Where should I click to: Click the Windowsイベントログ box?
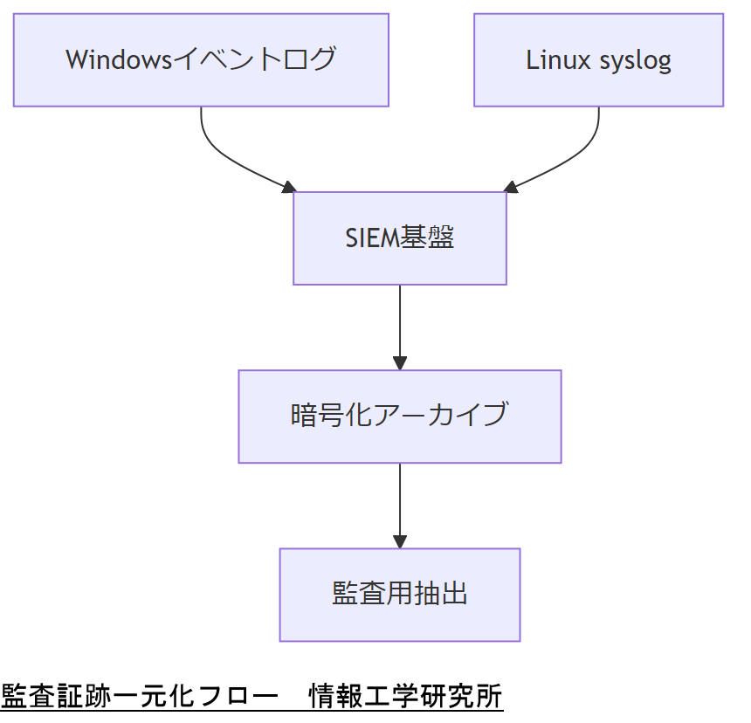pos(201,60)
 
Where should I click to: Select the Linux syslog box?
pos(598,60)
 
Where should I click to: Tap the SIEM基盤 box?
pos(400,238)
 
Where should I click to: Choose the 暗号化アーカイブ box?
pos(400,417)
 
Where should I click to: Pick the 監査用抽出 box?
pos(400,595)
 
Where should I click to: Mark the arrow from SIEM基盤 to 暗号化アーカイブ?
pos(400,323)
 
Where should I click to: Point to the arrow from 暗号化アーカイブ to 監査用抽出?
pos(400,502)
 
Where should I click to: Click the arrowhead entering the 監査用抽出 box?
pos(400,541)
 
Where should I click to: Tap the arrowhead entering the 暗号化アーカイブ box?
pos(400,362)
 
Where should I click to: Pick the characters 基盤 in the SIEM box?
pos(427,238)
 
